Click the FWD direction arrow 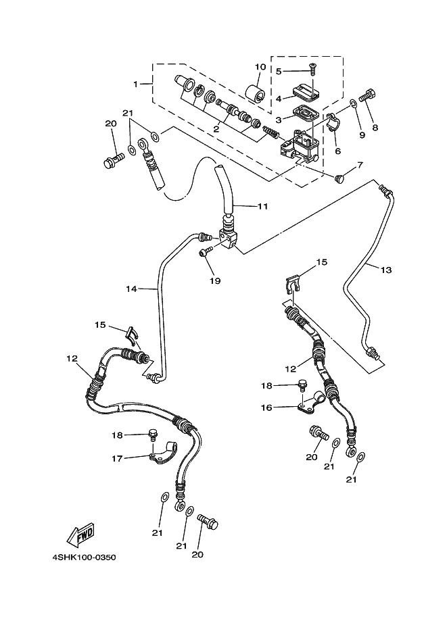(x=80, y=535)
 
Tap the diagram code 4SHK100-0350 (x=84, y=558)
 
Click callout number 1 (x=135, y=84)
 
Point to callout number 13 (x=385, y=270)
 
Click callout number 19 (x=215, y=279)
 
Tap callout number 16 (x=266, y=408)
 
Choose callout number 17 (x=117, y=458)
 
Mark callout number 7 (x=360, y=164)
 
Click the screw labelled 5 (x=312, y=68)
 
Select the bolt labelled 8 (x=369, y=97)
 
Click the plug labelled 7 (x=340, y=177)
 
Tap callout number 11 (x=262, y=205)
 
